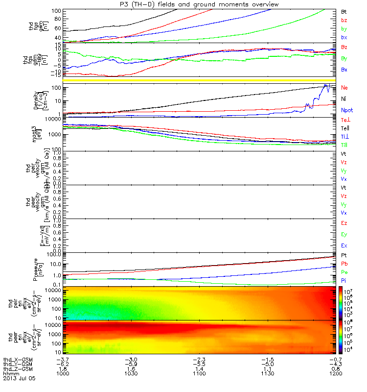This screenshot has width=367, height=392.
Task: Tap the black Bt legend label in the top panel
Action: pos(344,11)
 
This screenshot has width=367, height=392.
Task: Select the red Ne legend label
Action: pos(344,88)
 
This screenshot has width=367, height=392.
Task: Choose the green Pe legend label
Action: pos(344,272)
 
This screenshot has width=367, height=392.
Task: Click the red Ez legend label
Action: pos(344,223)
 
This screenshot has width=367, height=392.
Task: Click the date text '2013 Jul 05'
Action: pos(16,378)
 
